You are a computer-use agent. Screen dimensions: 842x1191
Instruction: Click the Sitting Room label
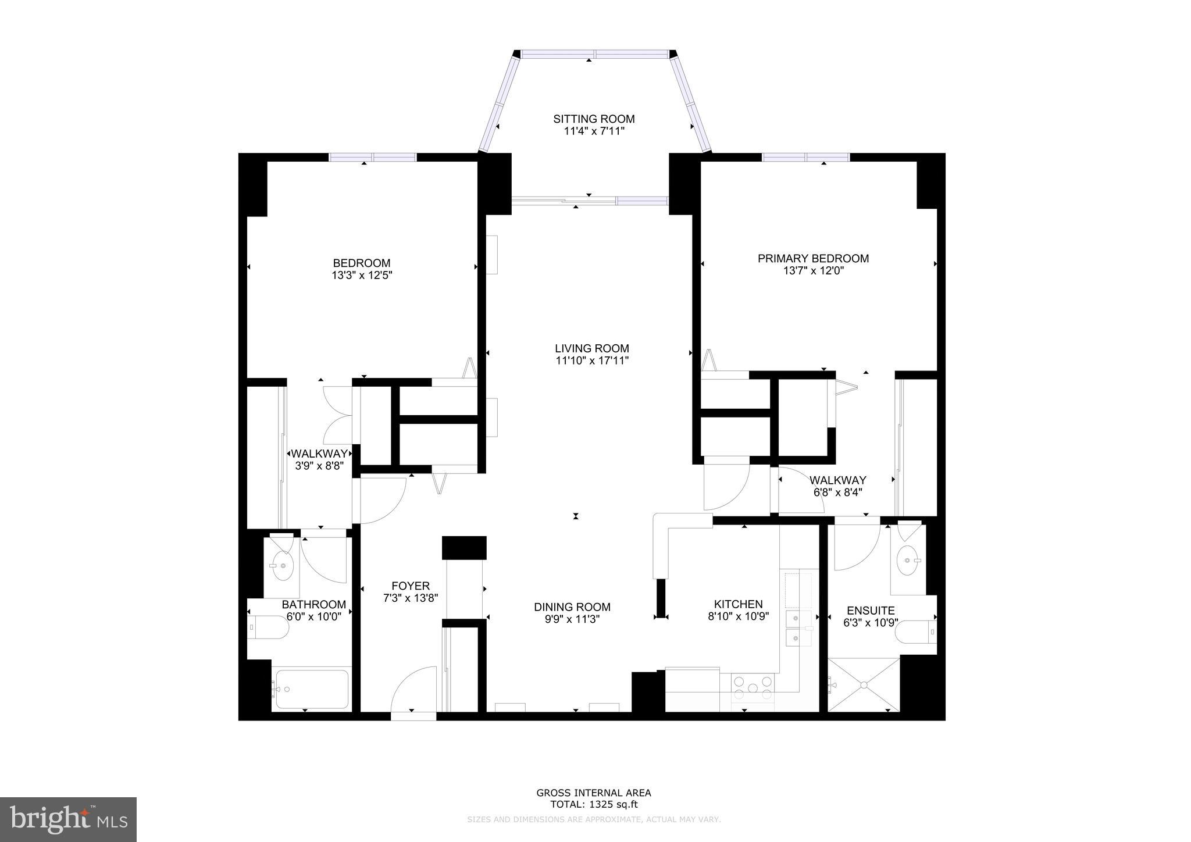pyautogui.click(x=594, y=119)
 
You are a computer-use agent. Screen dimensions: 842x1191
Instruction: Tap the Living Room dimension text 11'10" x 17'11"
pyautogui.click(x=592, y=361)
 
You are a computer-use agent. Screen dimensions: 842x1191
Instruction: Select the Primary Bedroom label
pyautogui.click(x=813, y=258)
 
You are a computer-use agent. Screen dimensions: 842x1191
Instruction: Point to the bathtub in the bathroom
pyautogui.click(x=312, y=689)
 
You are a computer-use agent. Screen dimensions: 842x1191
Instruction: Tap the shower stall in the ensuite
pyautogui.click(x=863, y=684)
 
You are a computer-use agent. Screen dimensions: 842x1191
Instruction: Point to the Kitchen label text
pyautogui.click(x=738, y=604)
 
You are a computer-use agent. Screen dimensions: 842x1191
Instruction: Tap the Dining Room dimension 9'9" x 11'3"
pyautogui.click(x=572, y=619)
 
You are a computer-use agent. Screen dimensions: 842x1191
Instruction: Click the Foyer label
pyautogui.click(x=411, y=586)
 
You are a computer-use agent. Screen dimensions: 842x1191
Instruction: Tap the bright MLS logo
pyautogui.click(x=68, y=819)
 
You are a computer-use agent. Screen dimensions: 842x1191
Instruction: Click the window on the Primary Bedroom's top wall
pyautogui.click(x=805, y=157)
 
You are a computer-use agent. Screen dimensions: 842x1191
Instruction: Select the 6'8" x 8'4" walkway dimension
pyautogui.click(x=837, y=492)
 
